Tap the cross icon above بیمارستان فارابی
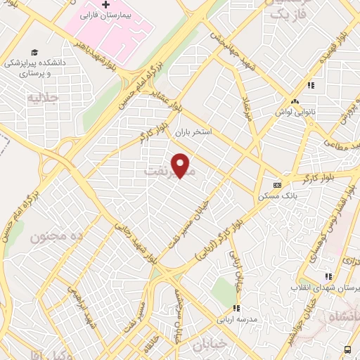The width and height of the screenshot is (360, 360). click(x=105, y=5)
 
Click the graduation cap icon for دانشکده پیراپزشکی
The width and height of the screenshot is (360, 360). click(x=34, y=53)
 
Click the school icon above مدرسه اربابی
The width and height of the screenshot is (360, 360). click(x=237, y=308)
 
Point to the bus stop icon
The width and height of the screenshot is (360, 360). click(x=347, y=349)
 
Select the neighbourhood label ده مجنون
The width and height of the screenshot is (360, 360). click(x=56, y=237)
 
